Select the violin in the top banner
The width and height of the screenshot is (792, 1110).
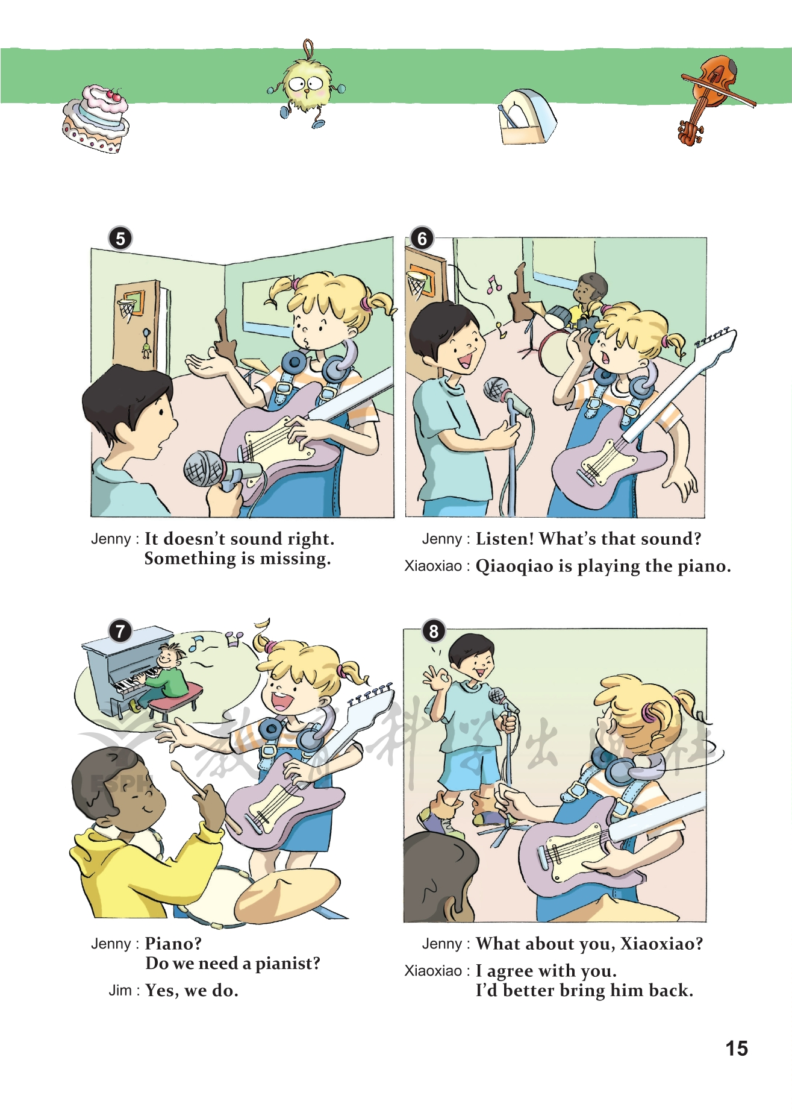pyautogui.click(x=713, y=98)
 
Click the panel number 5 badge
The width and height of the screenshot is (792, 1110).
pyautogui.click(x=120, y=239)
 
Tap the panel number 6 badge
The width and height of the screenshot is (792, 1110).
pyautogui.click(x=422, y=239)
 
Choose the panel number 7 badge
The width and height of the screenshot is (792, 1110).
pyautogui.click(x=120, y=631)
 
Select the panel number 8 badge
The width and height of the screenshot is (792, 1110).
pyautogui.click(x=434, y=631)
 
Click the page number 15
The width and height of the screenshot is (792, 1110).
pyautogui.click(x=736, y=1049)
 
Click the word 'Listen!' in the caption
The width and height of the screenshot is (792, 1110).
pyautogui.click(x=505, y=539)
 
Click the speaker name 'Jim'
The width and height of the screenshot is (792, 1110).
pyautogui.click(x=120, y=991)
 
